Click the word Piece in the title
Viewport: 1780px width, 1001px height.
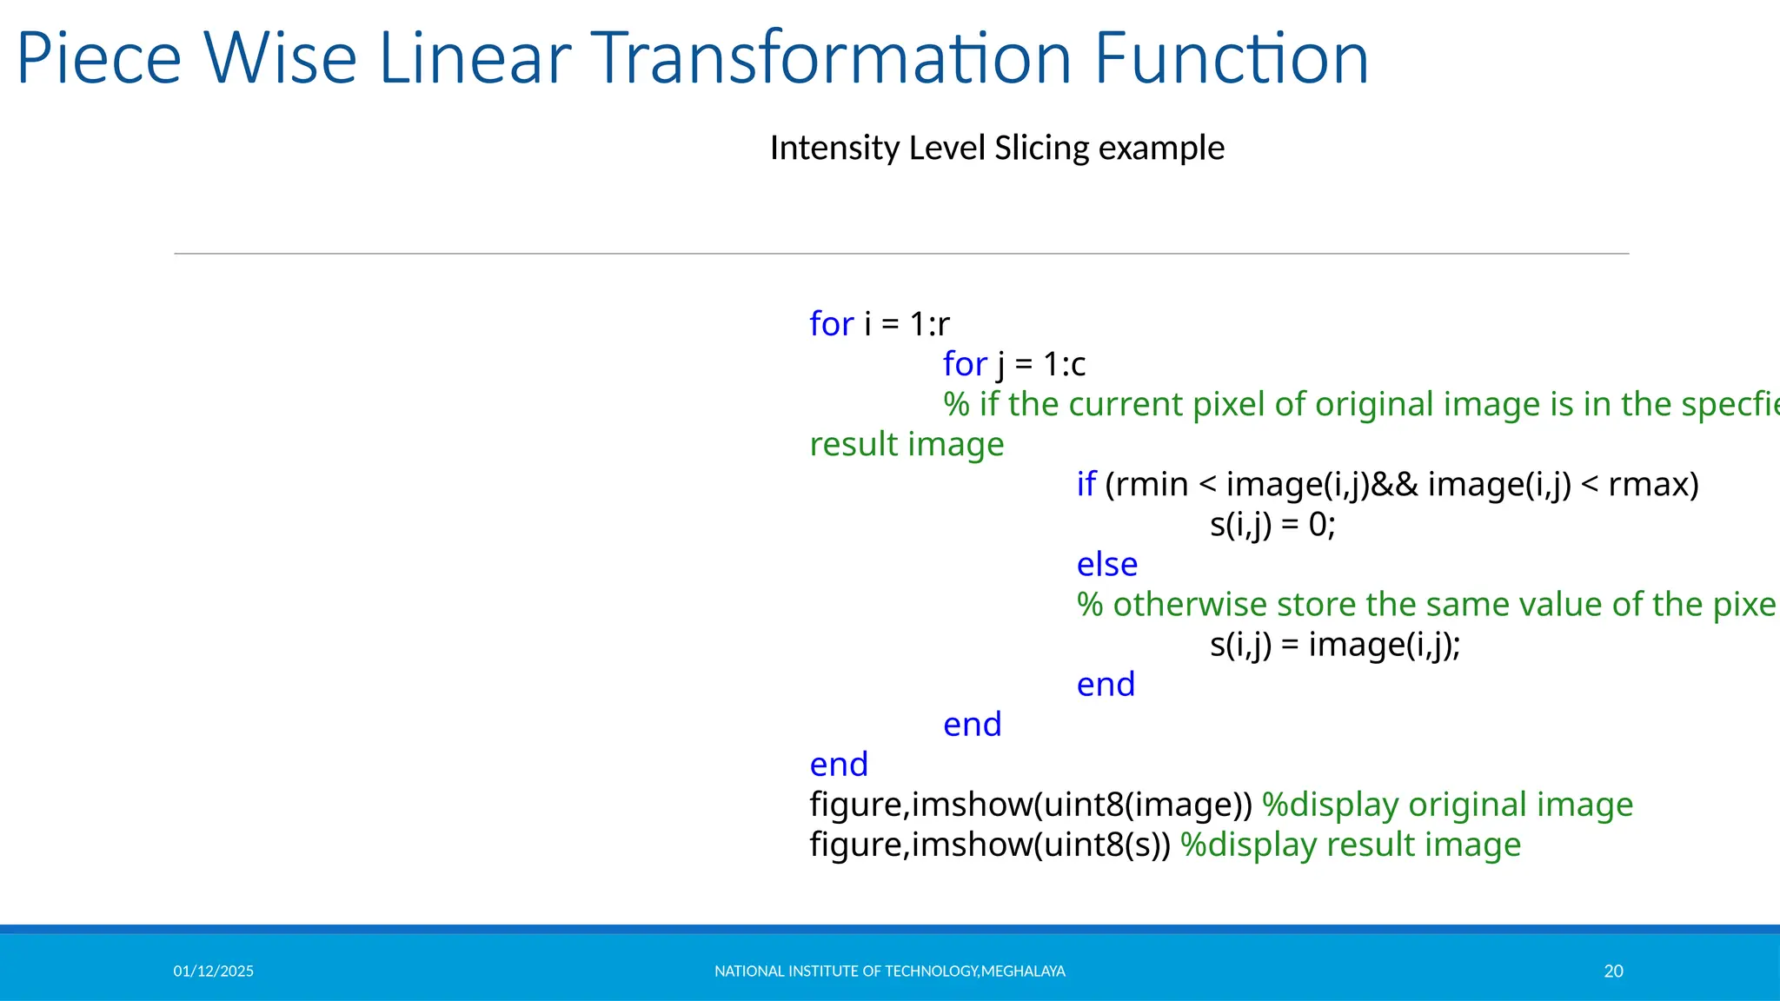98,59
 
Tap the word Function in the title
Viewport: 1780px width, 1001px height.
1231,59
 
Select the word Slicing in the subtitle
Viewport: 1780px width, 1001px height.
1041,149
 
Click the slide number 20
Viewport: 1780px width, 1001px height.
1613,971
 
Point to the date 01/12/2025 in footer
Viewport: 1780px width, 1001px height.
214,971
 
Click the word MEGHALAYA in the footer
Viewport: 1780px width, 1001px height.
1023,971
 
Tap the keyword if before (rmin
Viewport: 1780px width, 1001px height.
1086,484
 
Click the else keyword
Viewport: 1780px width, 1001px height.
1106,565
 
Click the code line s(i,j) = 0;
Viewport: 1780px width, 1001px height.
1272,525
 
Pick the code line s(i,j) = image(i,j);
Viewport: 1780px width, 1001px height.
1335,645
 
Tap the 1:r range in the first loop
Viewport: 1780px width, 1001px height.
930,324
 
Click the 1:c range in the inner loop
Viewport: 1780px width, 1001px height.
1065,364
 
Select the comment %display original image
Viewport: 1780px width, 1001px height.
1447,805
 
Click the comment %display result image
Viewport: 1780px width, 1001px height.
1351,845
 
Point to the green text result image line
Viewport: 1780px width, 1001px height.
907,444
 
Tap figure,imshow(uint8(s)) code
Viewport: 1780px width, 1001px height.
990,845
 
